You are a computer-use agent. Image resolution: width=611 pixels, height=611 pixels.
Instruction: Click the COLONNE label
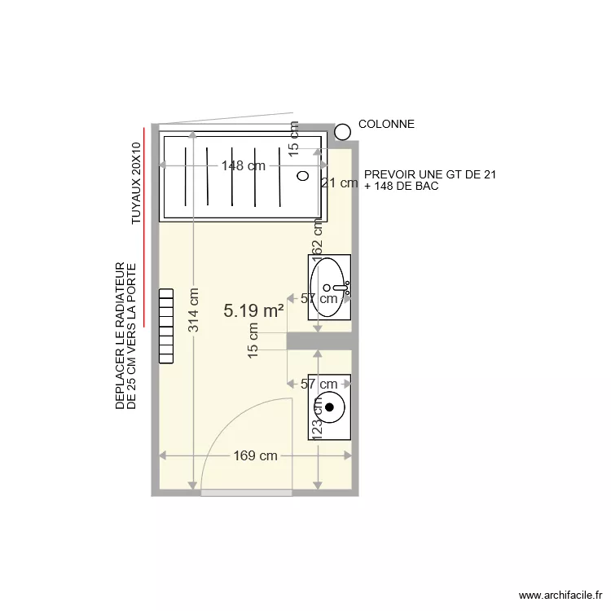(386, 125)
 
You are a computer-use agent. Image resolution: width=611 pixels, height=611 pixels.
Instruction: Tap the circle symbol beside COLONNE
(343, 130)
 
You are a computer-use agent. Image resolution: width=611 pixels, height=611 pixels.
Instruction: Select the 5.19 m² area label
(253, 310)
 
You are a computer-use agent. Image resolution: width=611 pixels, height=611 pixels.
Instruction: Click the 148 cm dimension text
(244, 166)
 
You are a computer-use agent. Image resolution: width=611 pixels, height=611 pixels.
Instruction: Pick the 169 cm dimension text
(255, 456)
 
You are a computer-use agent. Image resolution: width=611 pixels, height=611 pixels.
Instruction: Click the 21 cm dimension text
(339, 183)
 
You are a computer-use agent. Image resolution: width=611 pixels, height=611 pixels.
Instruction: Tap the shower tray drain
(303, 175)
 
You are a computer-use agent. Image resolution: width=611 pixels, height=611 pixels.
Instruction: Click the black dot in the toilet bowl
(330, 407)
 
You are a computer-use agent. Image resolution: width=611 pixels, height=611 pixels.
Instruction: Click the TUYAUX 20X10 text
(136, 182)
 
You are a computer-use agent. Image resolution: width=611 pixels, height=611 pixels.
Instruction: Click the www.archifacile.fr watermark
(558, 596)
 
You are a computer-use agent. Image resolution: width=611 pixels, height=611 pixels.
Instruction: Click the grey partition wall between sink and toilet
(319, 342)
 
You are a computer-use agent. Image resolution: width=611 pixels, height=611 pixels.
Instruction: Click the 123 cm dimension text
(318, 416)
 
